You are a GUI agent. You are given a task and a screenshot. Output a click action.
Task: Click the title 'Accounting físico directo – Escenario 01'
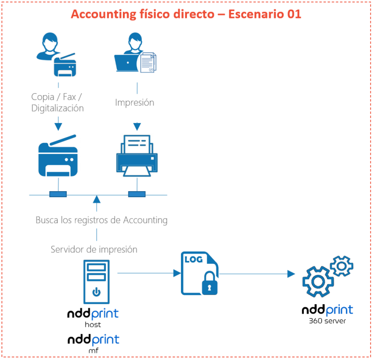click(x=186, y=14)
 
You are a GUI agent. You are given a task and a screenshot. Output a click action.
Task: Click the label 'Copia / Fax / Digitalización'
click(x=58, y=102)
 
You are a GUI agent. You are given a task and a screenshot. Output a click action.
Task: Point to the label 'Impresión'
click(x=135, y=103)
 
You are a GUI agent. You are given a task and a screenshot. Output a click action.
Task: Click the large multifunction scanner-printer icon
click(x=58, y=156)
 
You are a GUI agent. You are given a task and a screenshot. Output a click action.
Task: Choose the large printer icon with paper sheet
click(x=136, y=155)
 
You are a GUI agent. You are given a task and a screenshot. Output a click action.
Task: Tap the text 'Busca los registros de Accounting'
click(x=101, y=220)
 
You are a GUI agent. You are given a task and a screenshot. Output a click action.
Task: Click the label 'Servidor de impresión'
click(x=94, y=249)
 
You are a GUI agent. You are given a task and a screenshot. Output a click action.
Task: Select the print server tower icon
click(x=96, y=281)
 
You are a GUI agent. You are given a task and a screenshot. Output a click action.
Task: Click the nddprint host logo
click(x=93, y=318)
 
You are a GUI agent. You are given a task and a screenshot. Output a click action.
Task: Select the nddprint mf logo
click(x=93, y=344)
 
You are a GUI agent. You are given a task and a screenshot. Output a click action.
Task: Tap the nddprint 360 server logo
click(x=327, y=314)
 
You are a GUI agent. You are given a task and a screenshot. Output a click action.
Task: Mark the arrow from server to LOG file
click(x=149, y=273)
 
